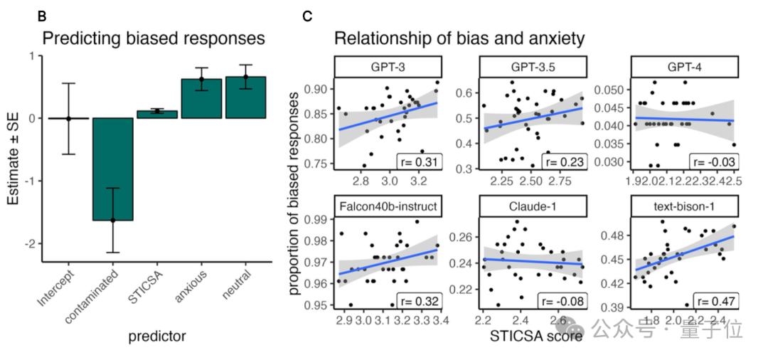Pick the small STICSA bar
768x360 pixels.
pyautogui.click(x=157, y=114)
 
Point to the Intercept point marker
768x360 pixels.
pyautogui.click(x=69, y=118)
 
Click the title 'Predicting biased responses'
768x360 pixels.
pyautogui.click(x=154, y=38)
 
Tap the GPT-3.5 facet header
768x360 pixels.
pyautogui.click(x=533, y=67)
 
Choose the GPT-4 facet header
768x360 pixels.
pyautogui.click(x=683, y=67)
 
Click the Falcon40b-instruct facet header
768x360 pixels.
pyautogui.click(x=388, y=206)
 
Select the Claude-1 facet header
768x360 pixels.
pyautogui.click(x=533, y=206)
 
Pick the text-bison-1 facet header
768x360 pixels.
pyautogui.click(x=683, y=206)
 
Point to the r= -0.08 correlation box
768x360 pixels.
pyautogui.click(x=565, y=301)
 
